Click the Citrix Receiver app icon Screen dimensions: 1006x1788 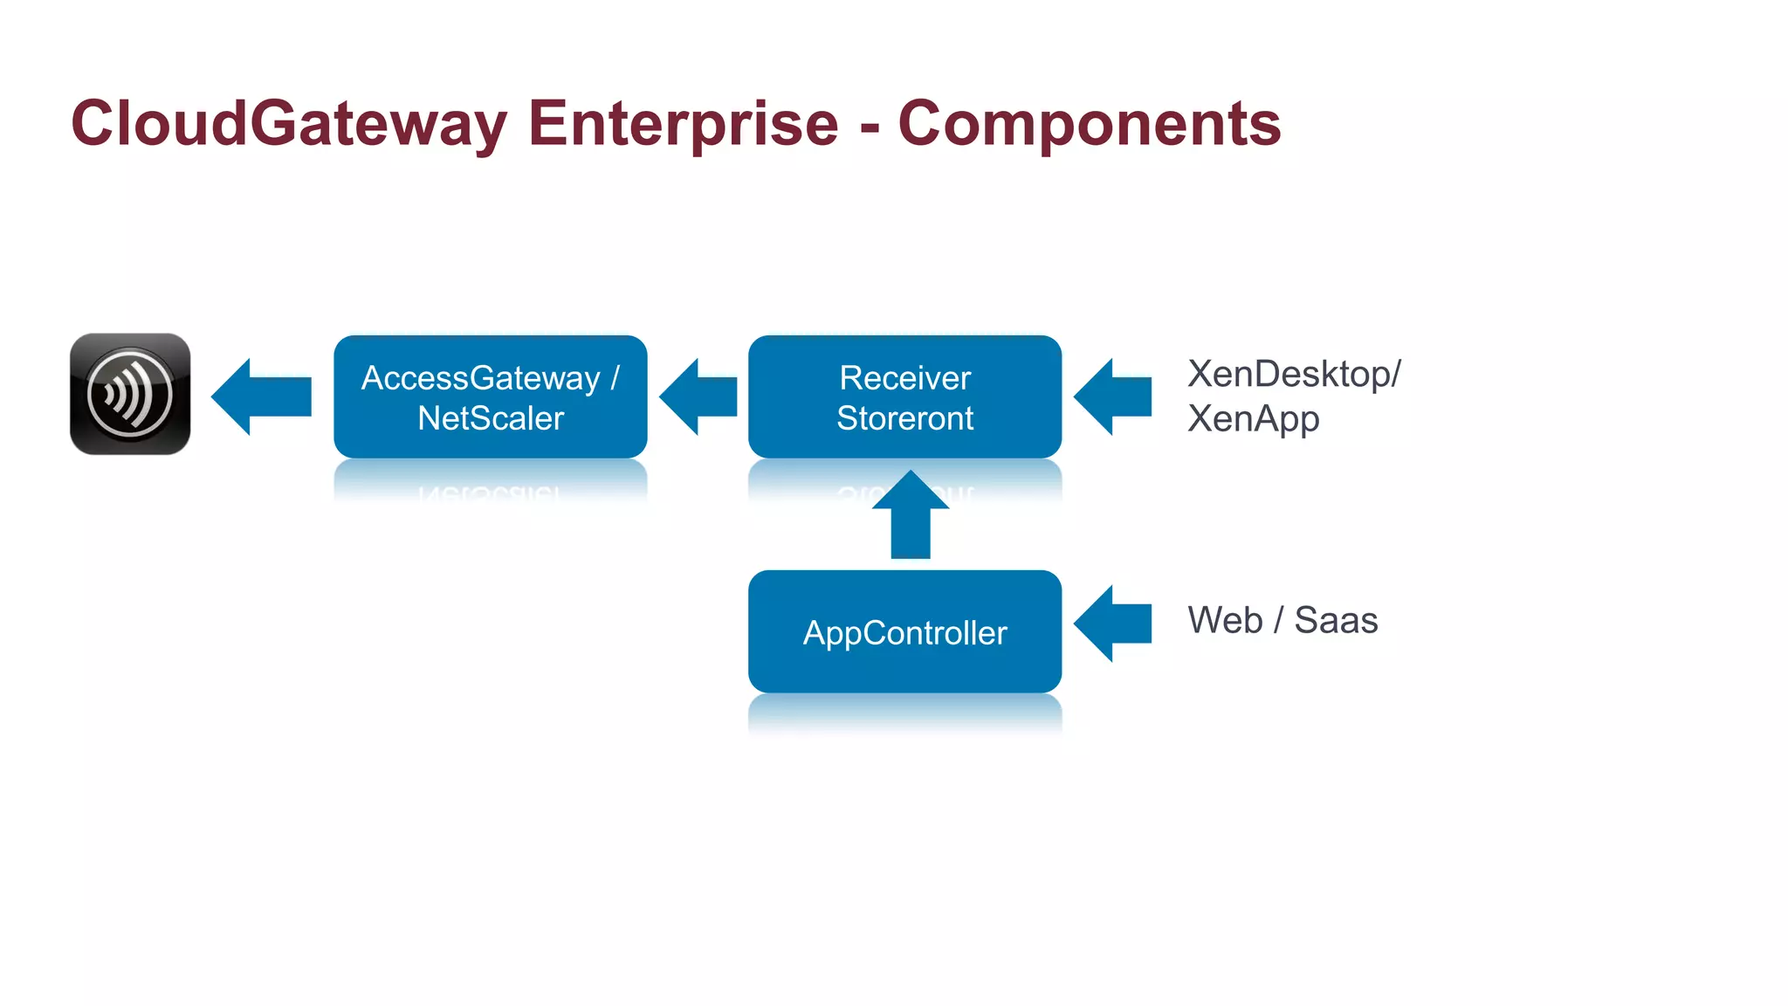click(x=130, y=394)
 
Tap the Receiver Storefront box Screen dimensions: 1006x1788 click(x=904, y=396)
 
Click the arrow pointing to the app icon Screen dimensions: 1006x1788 click(x=261, y=396)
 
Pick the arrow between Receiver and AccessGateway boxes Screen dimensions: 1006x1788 click(x=698, y=396)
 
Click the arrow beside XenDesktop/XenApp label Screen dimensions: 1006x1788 click(x=1112, y=396)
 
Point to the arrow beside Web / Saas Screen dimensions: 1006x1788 click(x=1112, y=624)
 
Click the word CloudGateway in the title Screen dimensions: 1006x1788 click(x=288, y=123)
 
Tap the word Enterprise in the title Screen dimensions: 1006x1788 click(x=683, y=123)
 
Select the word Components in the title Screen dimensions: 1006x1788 click(x=1089, y=123)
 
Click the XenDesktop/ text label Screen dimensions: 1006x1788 click(x=1294, y=374)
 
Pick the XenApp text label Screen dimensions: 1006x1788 click(x=1253, y=418)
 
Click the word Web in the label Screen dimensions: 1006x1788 click(x=1225, y=620)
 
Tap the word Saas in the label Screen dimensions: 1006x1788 click(x=1336, y=620)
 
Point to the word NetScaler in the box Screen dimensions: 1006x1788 click(x=491, y=418)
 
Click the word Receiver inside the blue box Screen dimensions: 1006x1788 click(x=904, y=378)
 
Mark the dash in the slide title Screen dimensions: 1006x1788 click(x=869, y=128)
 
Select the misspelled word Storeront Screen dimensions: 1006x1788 click(x=904, y=418)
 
